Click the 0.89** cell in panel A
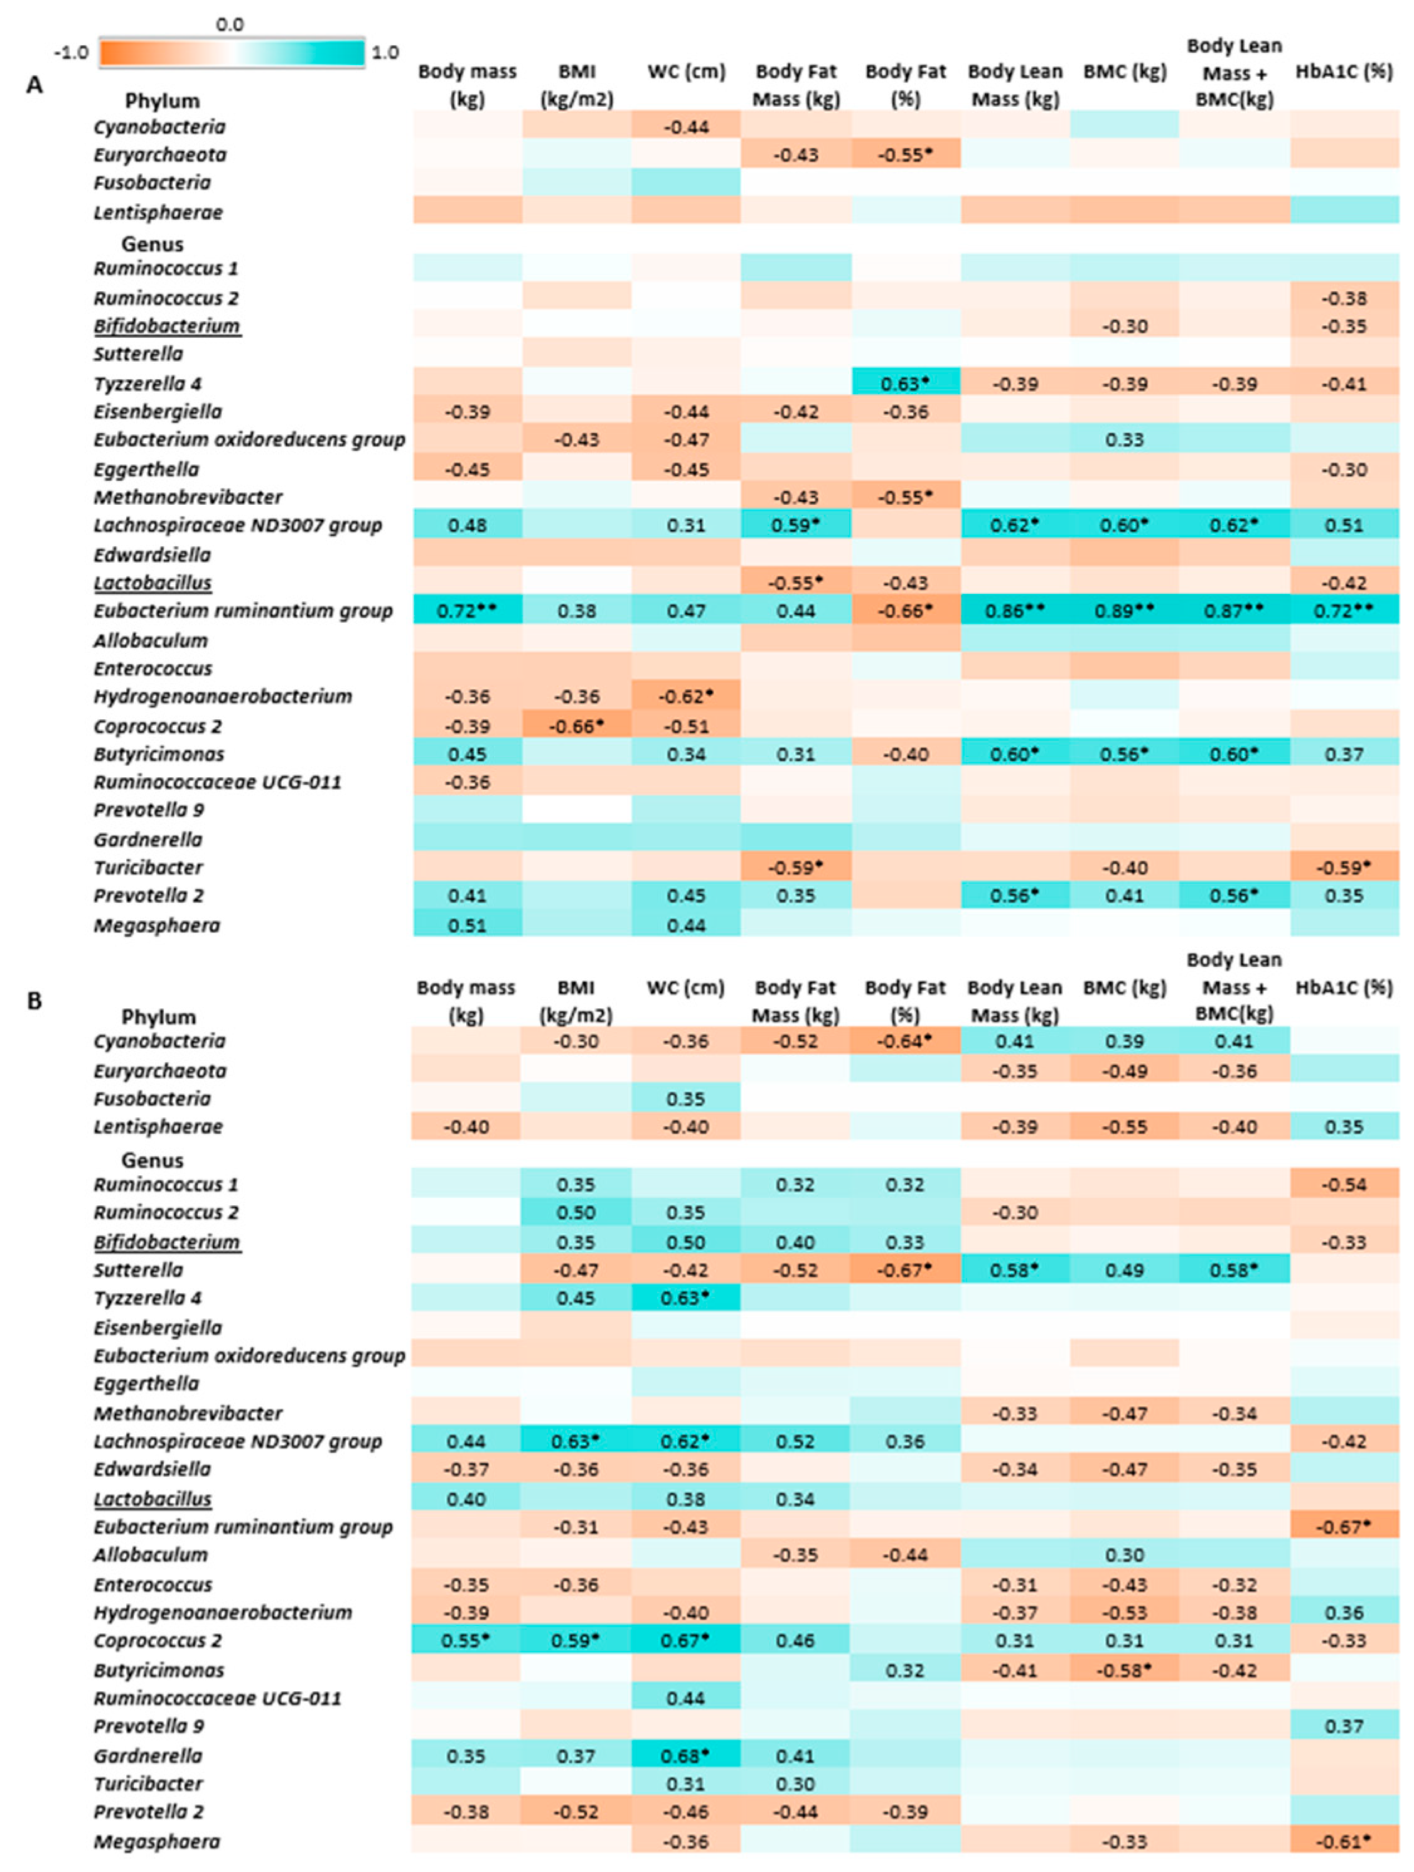(x=1124, y=610)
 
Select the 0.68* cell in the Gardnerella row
(x=685, y=1755)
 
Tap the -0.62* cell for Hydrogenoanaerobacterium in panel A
(x=685, y=696)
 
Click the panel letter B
(x=34, y=1001)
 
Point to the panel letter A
(x=34, y=85)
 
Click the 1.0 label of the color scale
(x=385, y=53)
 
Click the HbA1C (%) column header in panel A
(x=1344, y=72)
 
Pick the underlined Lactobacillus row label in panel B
(x=153, y=1498)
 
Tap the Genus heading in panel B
(x=153, y=1160)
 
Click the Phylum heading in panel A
(x=162, y=100)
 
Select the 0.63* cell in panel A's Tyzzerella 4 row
(x=904, y=384)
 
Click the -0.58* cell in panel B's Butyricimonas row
(x=1124, y=1670)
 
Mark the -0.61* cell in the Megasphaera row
(x=1344, y=1841)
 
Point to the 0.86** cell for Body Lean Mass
(x=1015, y=610)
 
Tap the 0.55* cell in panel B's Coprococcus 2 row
(x=466, y=1640)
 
